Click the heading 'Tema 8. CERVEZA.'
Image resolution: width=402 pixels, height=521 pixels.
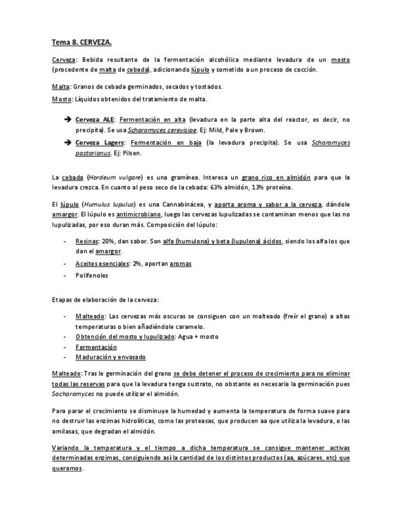click(81, 42)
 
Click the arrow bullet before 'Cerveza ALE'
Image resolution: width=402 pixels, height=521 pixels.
click(67, 120)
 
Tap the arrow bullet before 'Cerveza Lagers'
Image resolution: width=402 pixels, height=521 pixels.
click(67, 143)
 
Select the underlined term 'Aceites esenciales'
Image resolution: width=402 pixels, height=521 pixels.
click(102, 263)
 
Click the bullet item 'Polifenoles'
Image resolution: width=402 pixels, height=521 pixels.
click(91, 275)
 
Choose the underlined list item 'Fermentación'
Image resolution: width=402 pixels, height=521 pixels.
click(96, 347)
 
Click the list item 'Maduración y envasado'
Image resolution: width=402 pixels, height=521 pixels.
click(110, 358)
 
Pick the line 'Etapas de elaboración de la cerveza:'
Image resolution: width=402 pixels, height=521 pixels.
click(106, 300)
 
